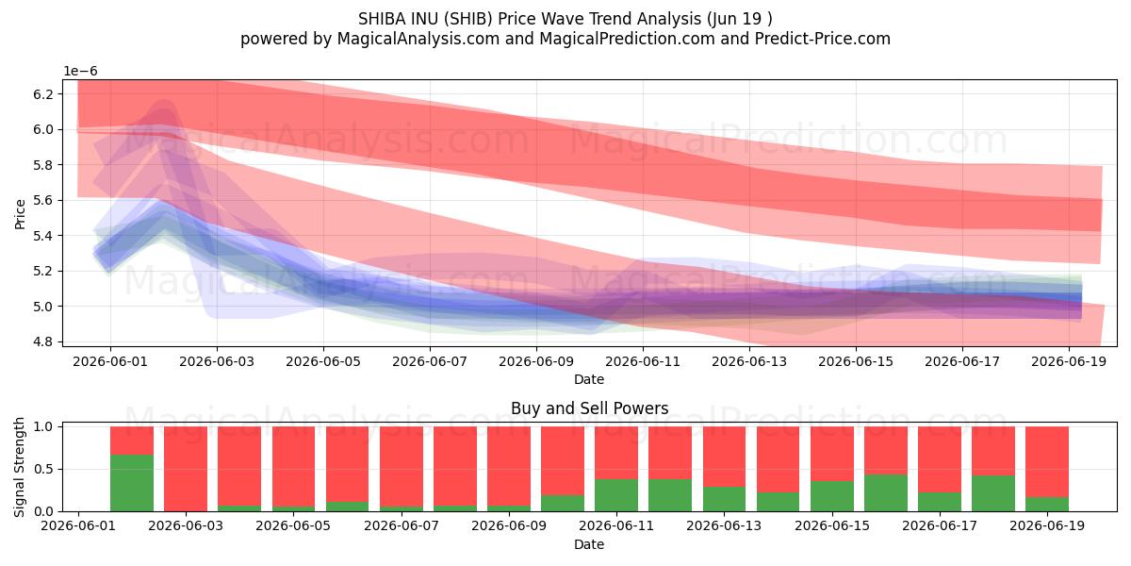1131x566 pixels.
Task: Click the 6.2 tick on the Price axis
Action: (x=43, y=94)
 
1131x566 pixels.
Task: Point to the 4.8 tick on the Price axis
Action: (x=43, y=341)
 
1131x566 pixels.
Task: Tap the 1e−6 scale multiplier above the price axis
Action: (x=80, y=72)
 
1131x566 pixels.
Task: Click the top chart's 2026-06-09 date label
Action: (x=536, y=362)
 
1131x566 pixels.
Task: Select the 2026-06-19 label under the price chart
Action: (x=1069, y=362)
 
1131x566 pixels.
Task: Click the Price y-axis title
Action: (x=20, y=214)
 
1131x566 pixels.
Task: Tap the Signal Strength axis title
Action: (x=19, y=468)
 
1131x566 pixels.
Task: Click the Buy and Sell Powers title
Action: (x=589, y=408)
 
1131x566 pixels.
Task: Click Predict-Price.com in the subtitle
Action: (x=823, y=39)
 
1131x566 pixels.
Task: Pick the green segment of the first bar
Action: (x=132, y=483)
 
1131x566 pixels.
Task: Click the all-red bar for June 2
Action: (x=186, y=469)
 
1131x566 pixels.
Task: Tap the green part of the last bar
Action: (x=1047, y=505)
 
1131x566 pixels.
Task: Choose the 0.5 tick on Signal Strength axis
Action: (x=43, y=469)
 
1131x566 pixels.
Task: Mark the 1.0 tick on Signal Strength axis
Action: (x=43, y=426)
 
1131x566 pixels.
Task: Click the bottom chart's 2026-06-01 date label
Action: (x=78, y=525)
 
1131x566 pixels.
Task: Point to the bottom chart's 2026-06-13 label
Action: (x=724, y=525)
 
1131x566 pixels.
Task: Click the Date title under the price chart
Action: (x=589, y=379)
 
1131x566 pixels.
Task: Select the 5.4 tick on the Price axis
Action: (x=43, y=236)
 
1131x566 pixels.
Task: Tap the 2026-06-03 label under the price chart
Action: (x=217, y=362)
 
